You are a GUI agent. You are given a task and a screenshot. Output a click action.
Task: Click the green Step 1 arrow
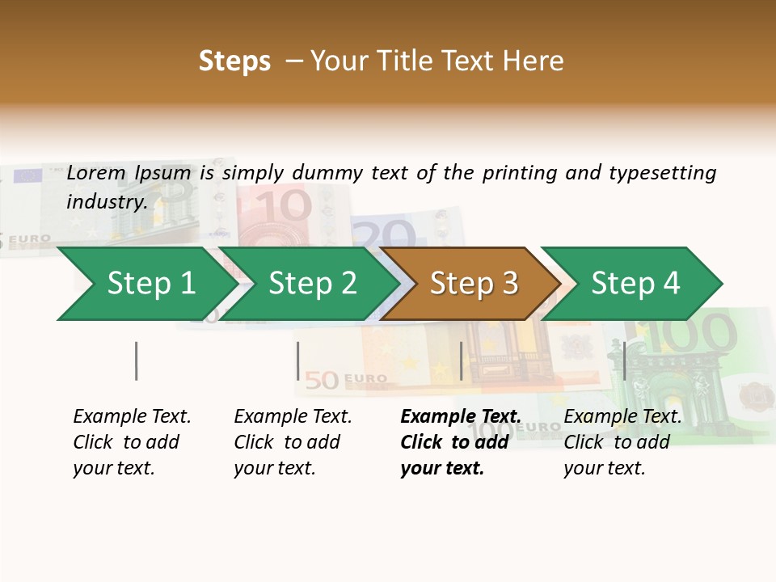pos(145,284)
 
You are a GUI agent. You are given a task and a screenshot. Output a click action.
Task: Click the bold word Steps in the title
pos(234,61)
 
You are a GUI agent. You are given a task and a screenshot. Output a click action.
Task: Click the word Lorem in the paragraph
pos(96,172)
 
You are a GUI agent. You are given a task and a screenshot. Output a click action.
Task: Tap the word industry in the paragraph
pos(106,201)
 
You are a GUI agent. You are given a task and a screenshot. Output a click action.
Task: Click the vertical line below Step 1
pos(137,361)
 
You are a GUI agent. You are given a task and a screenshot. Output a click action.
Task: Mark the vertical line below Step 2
pos(298,361)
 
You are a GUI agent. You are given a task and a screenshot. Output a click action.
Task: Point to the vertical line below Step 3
pos(461,361)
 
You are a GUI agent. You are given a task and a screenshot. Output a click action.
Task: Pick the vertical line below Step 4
pos(624,361)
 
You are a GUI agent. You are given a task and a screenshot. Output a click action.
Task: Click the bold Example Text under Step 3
pos(461,416)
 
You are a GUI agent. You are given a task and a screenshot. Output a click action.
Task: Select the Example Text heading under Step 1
pos(132,416)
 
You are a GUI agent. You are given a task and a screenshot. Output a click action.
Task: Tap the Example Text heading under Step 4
pos(622,416)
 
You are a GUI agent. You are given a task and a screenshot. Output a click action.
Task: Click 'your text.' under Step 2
pos(275,468)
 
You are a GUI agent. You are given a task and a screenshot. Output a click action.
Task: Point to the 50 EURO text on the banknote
pos(348,378)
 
